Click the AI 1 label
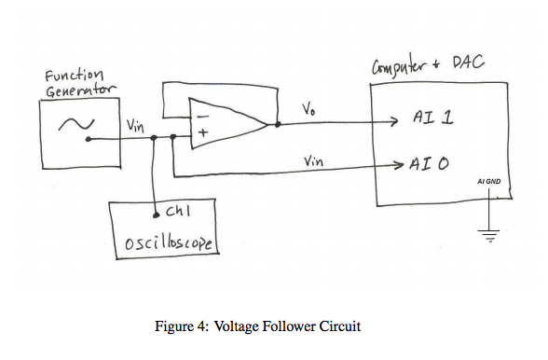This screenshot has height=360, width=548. tap(432, 120)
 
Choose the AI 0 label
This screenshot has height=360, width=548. tap(430, 163)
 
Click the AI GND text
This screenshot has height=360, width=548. tap(488, 181)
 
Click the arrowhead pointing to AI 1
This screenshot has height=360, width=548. tap(394, 121)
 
